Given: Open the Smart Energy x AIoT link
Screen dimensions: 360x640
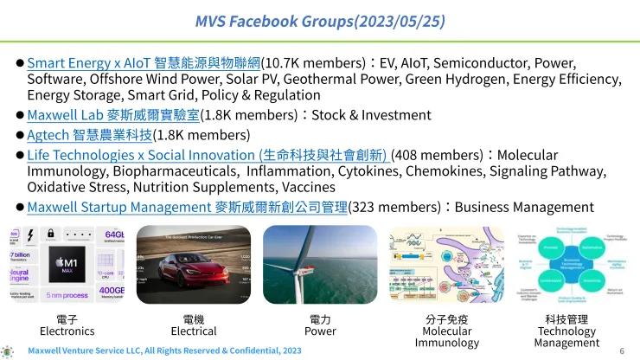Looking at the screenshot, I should [144, 63].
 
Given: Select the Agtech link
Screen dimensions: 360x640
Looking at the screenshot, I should [89, 134].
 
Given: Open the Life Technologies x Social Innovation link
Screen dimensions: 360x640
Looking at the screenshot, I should [208, 155].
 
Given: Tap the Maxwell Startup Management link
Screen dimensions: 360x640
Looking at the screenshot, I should [187, 207].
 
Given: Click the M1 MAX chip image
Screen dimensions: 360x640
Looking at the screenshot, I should [68, 265].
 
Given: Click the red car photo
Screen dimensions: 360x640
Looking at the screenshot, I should [195, 265].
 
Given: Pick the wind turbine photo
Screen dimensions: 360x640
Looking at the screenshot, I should [320, 265].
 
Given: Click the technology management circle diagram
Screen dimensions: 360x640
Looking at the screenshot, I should [566, 265].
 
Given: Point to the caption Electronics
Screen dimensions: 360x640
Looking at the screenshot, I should [67, 331].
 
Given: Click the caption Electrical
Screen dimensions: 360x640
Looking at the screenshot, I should [194, 331].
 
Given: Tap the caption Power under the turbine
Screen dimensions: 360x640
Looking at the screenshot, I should [320, 331].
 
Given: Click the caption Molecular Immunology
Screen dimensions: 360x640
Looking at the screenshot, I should [445, 337].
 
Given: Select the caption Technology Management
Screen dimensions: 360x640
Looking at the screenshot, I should [567, 337].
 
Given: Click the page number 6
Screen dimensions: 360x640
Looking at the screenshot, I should [622, 350].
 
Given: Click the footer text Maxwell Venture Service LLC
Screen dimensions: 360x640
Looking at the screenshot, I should [164, 350].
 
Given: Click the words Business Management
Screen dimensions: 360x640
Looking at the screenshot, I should [523, 207].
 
